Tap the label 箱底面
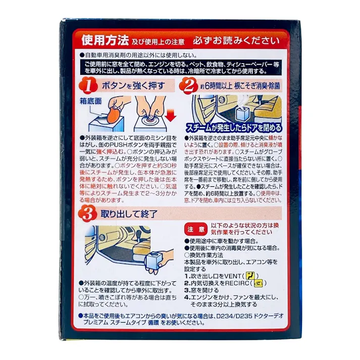click(x=91, y=101)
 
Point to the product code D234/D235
click(x=234, y=316)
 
